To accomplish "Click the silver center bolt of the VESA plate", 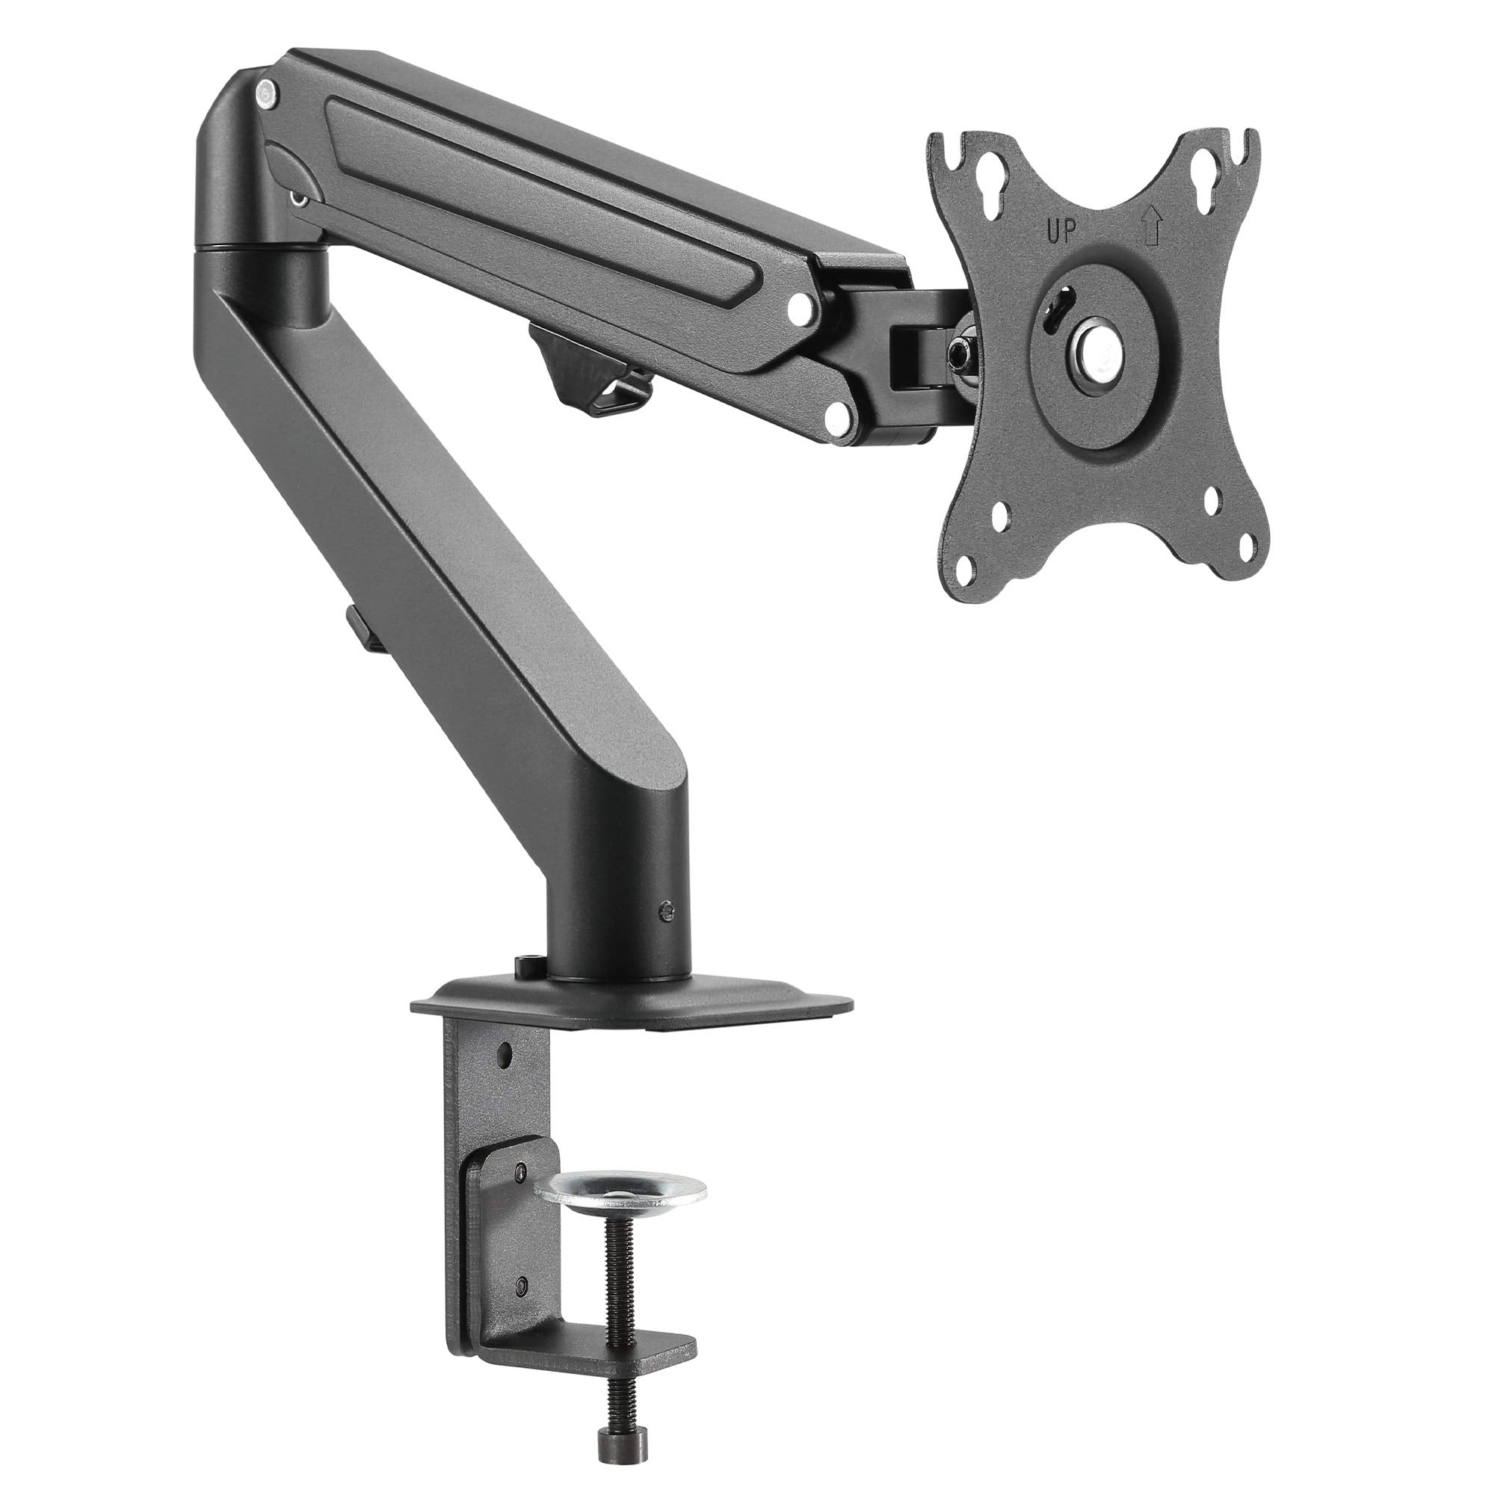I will click(x=1092, y=345).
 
